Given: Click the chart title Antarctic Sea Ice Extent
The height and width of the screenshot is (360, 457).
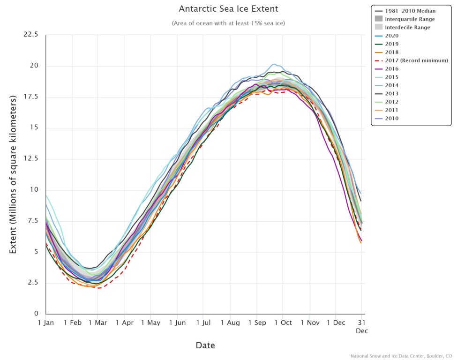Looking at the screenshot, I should pos(228,9).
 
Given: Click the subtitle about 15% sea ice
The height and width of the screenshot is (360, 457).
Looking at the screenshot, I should pos(228,23).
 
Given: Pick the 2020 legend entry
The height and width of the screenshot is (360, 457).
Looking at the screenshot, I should pos(391,36).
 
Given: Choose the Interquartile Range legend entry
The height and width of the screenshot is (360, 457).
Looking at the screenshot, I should pos(410,19).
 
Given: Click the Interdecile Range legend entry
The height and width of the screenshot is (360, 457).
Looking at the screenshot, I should pos(407,27).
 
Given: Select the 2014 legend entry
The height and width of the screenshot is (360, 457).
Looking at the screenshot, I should pos(391,85).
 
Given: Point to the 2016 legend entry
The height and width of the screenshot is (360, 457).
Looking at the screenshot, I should pos(391,69).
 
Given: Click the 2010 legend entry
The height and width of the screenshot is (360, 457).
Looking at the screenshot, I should pos(391,119).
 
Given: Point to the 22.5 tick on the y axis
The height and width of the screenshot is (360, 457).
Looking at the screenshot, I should pos(32,35).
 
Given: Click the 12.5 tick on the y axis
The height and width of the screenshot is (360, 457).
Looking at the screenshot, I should pos(32,159).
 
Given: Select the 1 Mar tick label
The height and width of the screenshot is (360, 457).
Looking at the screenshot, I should pos(97,323).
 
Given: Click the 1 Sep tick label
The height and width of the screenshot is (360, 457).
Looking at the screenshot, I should pos(256,323).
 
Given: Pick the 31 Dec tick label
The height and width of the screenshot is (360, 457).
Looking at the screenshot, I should pos(361,326).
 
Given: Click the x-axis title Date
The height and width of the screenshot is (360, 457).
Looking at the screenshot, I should pos(205,345).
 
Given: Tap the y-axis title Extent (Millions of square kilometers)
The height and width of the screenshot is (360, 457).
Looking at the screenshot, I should pos(13,174).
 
